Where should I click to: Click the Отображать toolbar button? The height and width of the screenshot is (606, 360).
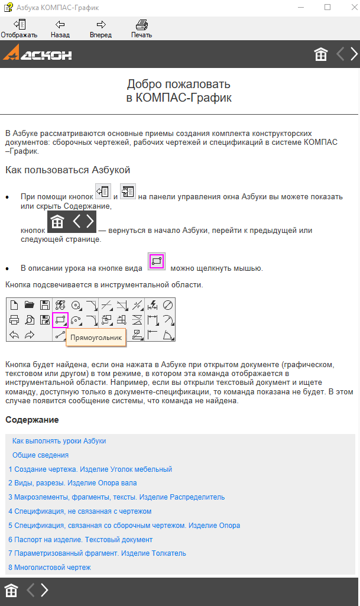coord(18,28)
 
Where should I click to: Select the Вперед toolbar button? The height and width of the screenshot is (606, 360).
coord(100,28)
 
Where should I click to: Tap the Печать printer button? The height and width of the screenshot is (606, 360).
coord(141,28)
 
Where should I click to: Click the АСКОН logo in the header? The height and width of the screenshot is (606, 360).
coord(38,54)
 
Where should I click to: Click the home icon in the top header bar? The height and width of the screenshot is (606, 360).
coord(321,54)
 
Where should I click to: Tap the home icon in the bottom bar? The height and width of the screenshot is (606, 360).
coord(11,590)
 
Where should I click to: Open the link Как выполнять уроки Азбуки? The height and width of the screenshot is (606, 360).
coord(59,441)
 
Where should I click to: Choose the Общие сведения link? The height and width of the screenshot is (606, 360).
coord(40,455)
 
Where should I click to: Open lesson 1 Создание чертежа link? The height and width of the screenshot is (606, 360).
coord(90,469)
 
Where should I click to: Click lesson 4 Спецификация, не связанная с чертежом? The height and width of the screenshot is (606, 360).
coord(80,511)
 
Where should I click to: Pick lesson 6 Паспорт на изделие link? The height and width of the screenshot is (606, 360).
coord(80,540)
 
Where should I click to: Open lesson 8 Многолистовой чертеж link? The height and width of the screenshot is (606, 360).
coord(50,568)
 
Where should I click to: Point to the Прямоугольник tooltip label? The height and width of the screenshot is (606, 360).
coord(96,337)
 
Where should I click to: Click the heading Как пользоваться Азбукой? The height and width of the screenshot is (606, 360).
coord(67,170)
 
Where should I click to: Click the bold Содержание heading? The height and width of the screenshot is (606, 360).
coord(32,420)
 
